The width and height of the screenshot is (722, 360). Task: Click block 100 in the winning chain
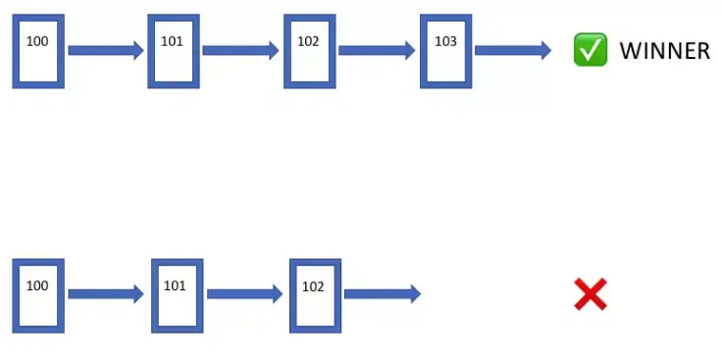(x=38, y=51)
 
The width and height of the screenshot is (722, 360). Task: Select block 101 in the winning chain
(x=174, y=51)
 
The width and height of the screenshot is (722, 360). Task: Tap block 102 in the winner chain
(x=310, y=51)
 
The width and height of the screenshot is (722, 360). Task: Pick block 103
(x=445, y=51)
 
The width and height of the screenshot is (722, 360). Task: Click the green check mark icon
(x=590, y=50)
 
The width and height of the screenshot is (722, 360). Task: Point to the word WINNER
(x=664, y=51)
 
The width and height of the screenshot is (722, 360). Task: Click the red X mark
(x=591, y=294)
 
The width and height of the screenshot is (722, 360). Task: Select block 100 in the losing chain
(x=38, y=294)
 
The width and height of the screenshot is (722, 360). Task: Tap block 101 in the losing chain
(x=177, y=294)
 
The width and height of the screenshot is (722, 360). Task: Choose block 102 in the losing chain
(x=315, y=294)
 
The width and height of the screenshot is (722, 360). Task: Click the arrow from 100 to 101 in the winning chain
(x=106, y=50)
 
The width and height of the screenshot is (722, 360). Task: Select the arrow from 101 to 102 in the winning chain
(x=241, y=50)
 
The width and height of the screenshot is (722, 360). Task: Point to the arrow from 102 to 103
(x=378, y=50)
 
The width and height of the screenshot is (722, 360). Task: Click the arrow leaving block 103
(x=513, y=50)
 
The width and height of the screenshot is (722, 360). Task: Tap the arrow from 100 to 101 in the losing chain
(x=107, y=293)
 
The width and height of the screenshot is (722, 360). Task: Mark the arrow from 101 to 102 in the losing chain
(x=245, y=293)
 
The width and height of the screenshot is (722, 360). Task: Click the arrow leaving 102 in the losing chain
(x=383, y=293)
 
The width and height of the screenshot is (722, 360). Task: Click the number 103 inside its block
(x=445, y=41)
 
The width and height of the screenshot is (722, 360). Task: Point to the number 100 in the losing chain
(x=37, y=285)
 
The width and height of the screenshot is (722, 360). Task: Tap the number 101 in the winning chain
(x=173, y=41)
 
